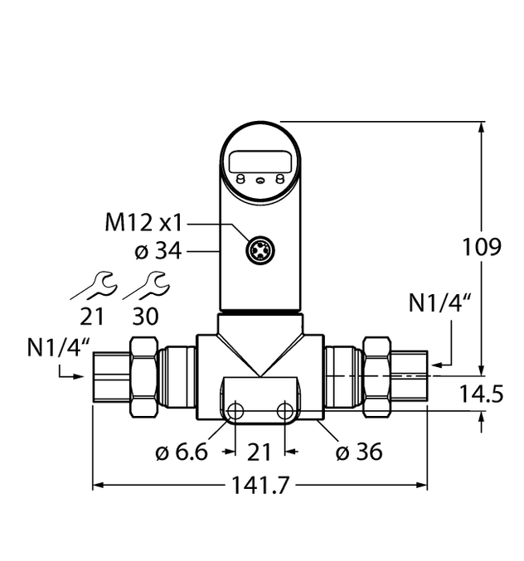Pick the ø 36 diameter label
coord(358,452)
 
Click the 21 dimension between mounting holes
coord(260,452)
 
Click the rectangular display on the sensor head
coord(260,162)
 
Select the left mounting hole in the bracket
coord(236,410)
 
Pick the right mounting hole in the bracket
coord(285,410)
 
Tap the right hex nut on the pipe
coord(377,377)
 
